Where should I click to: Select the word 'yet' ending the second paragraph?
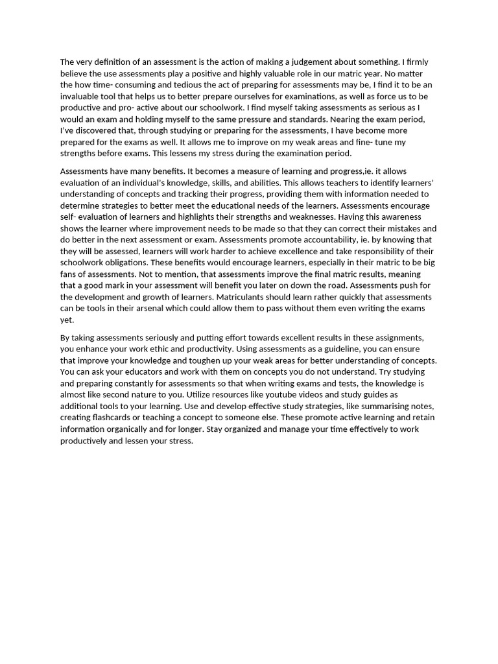pyautogui.click(x=67, y=320)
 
